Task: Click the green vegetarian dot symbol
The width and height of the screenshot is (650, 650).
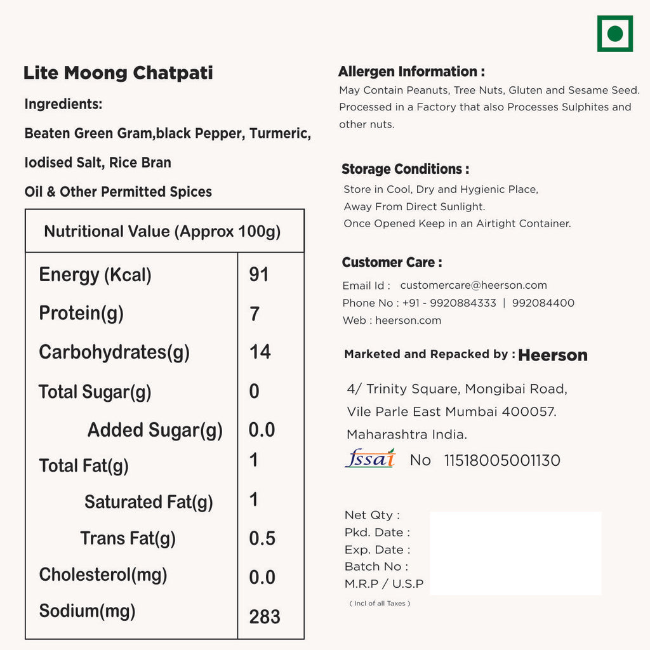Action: point(614,34)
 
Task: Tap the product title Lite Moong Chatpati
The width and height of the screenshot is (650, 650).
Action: point(118,72)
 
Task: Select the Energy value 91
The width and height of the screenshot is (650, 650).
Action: point(259,274)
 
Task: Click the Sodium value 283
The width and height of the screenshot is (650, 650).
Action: point(265,616)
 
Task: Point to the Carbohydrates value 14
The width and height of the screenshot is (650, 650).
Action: point(260,352)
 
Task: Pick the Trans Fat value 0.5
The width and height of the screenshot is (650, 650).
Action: point(262,538)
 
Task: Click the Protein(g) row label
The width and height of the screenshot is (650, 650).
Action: point(81,313)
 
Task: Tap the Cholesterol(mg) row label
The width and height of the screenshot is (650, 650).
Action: point(103,574)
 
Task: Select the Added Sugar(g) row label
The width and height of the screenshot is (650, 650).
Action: point(155,430)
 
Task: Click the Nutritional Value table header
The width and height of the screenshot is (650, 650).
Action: point(162,231)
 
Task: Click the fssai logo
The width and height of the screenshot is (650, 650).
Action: point(370,458)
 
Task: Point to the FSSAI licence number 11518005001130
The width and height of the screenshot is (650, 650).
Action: point(502,460)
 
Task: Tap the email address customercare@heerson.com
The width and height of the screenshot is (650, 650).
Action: point(474,286)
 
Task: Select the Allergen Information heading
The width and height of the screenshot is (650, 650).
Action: point(411,72)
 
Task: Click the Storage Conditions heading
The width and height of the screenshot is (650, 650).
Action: point(406,169)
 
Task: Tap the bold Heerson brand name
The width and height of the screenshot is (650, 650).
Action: point(553,355)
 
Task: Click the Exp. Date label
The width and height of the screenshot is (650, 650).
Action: point(377,550)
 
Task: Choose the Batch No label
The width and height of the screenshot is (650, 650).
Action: point(376,566)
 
